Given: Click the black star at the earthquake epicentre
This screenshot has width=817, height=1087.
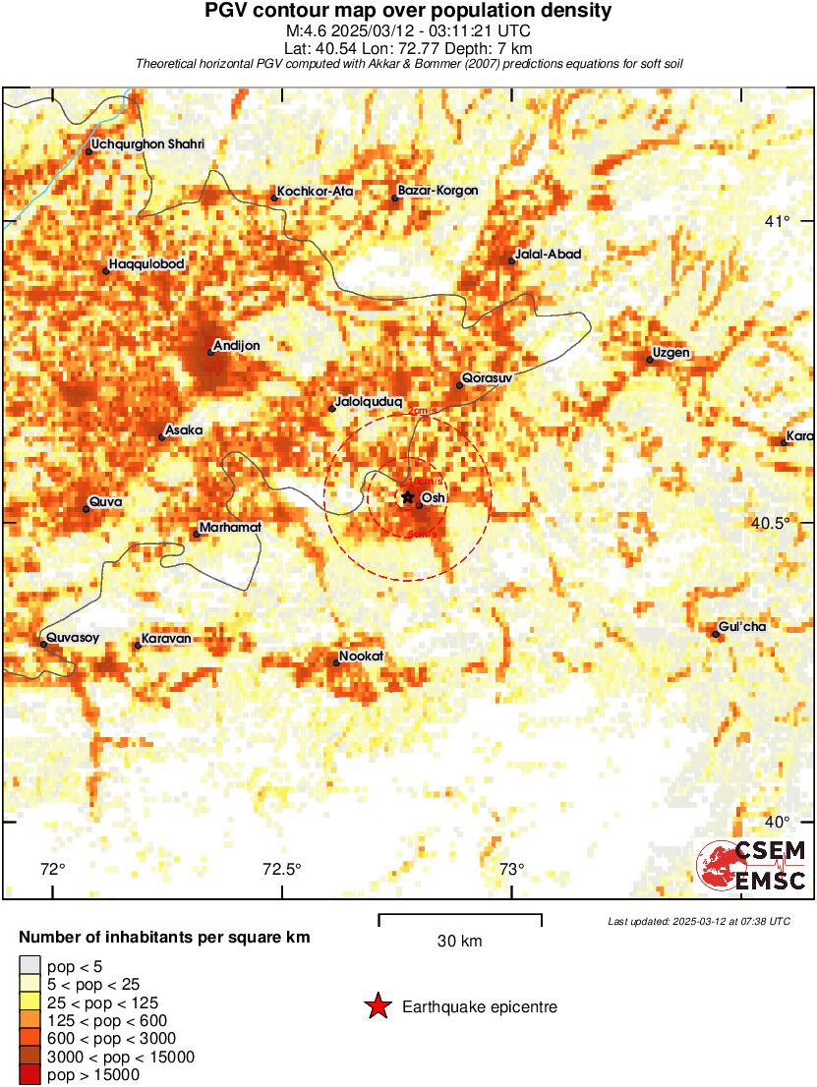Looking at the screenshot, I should [408, 497].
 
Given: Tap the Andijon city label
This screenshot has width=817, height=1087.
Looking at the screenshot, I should [237, 345].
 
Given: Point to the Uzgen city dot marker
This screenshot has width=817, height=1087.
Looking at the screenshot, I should [650, 360].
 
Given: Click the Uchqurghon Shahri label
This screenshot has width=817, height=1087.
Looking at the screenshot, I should [147, 145].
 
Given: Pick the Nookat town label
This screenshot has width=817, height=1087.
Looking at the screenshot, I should [361, 656].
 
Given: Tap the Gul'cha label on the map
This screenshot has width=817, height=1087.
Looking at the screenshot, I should [742, 627].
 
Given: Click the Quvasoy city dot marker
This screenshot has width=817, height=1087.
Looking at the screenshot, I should [44, 644].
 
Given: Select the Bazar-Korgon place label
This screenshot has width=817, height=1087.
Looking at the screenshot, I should [438, 191].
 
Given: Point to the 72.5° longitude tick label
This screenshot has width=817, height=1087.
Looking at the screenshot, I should [282, 869].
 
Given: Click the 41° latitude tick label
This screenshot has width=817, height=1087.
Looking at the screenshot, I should [779, 221].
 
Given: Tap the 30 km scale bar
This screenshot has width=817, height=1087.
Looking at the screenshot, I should [460, 920].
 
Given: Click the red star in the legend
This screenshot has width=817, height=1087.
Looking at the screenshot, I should [378, 1006].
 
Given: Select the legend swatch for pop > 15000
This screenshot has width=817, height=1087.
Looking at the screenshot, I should [30, 1075].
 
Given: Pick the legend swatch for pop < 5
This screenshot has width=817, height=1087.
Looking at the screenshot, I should [30, 967].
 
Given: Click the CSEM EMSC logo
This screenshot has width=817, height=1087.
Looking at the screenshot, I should [753, 866].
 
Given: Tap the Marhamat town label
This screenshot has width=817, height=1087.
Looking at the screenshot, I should [230, 528].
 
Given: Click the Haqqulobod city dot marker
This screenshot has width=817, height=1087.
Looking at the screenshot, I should [105, 271].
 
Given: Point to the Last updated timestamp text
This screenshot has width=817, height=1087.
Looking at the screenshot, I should [698, 921].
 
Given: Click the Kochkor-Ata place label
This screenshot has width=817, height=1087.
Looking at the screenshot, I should [315, 192].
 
